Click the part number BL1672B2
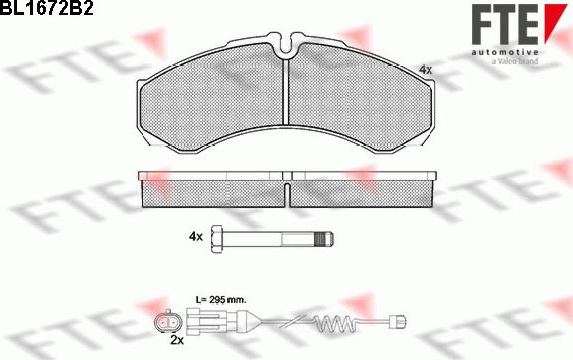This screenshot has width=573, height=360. click(47, 7)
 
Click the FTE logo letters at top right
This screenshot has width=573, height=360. click(504, 24)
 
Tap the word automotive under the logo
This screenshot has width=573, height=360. click(504, 52)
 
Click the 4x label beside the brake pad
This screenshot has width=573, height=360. click(425, 69)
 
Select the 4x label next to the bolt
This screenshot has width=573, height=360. click(196, 237)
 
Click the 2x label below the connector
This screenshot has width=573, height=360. click(177, 340)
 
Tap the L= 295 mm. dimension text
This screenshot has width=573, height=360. click(221, 299)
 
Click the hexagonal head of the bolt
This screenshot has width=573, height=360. click(217, 239)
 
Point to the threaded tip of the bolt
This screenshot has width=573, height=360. click(325, 239)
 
